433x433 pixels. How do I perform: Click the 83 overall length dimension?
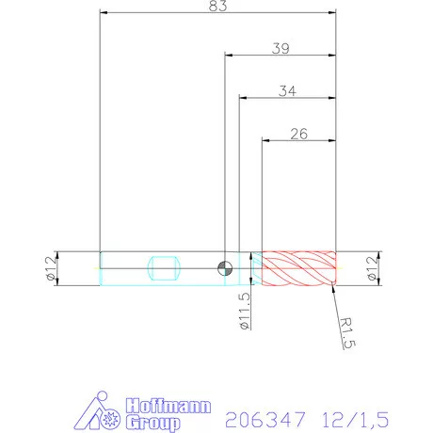point(217,7)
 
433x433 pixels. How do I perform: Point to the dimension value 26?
point(298,134)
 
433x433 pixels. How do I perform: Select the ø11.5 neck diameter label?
point(245,310)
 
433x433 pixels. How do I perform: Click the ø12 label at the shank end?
point(50,269)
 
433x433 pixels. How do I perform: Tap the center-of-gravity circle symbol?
point(224,268)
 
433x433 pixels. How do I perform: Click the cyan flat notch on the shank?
point(163,268)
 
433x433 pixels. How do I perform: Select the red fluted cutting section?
point(298,269)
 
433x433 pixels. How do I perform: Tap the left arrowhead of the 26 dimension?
point(266,141)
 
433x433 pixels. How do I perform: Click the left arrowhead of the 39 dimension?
point(229,56)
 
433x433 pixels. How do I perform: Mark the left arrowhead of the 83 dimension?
point(104,14)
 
